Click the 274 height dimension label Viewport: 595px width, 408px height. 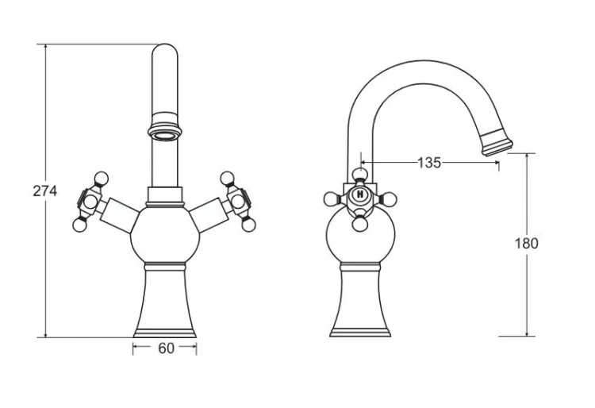(x=44, y=191)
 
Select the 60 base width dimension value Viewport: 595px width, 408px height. (x=166, y=348)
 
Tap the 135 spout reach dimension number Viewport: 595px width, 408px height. (x=429, y=163)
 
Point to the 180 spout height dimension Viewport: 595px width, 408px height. (x=526, y=243)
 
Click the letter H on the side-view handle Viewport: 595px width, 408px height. (x=360, y=194)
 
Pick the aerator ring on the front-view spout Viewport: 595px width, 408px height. (x=164, y=133)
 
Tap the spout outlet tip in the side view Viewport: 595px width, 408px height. (x=497, y=142)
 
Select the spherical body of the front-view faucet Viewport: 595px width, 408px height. (x=165, y=234)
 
